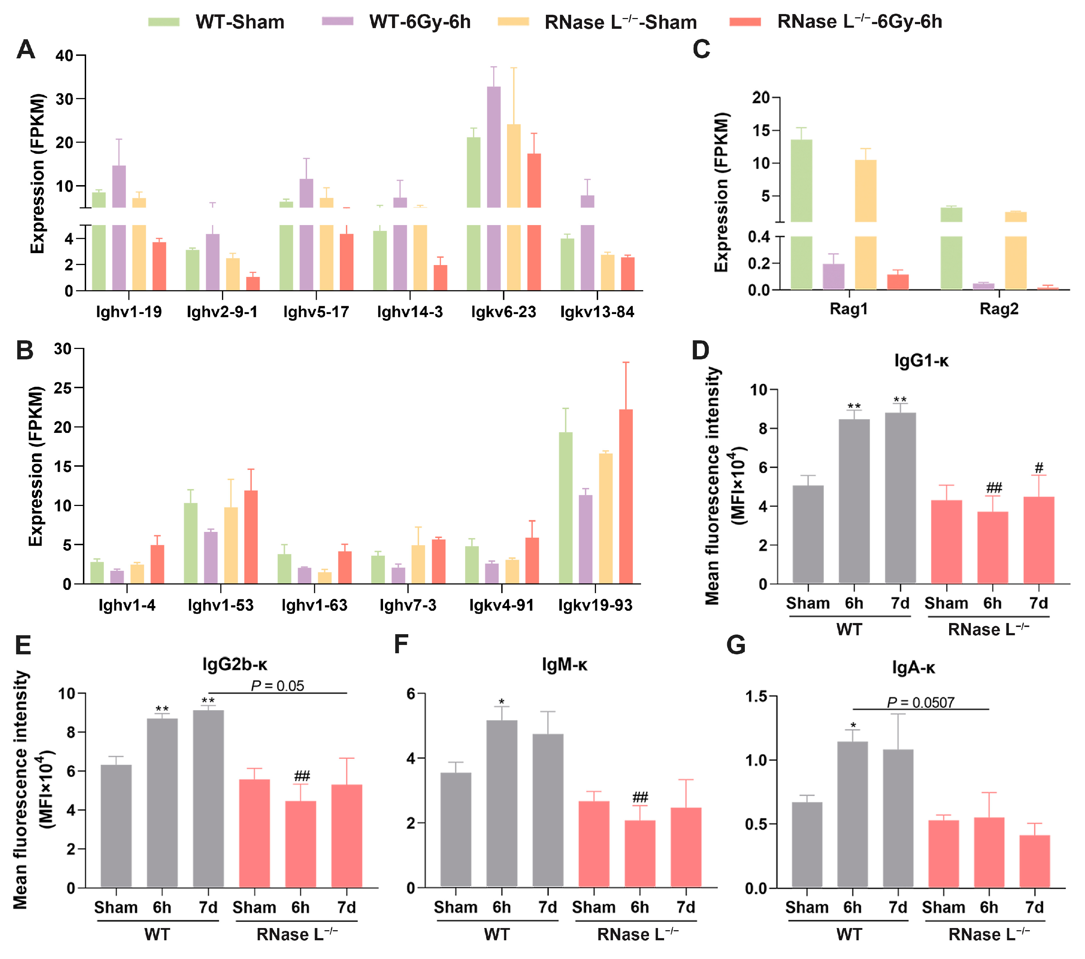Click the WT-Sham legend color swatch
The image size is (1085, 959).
[x=164, y=22]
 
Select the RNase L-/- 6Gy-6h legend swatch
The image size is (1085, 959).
[x=745, y=22]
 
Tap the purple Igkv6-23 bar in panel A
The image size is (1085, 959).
[x=494, y=159]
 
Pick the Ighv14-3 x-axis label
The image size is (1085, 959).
[x=410, y=312]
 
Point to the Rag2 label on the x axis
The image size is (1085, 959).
[x=999, y=309]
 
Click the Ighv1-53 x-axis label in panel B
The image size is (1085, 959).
[x=221, y=605]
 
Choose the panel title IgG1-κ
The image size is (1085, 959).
[x=921, y=361]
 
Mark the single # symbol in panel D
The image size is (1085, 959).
[x=1039, y=467]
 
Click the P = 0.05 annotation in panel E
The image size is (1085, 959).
[x=277, y=686]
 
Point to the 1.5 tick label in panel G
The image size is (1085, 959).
[x=756, y=696]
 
